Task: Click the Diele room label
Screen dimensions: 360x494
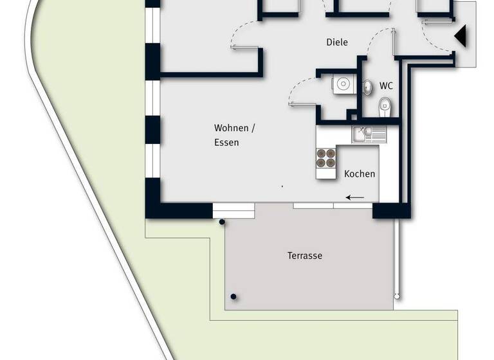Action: tap(337, 42)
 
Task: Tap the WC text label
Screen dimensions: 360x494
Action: tap(386, 85)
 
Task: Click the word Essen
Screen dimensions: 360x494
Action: tap(226, 143)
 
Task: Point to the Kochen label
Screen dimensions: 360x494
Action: tap(360, 174)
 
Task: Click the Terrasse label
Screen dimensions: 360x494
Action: tap(304, 256)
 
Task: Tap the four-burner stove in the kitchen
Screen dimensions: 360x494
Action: tap(326, 158)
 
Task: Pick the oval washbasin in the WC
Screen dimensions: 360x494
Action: tap(367, 87)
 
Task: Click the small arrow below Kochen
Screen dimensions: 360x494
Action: tap(354, 197)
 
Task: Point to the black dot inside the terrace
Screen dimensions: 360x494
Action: tap(233, 297)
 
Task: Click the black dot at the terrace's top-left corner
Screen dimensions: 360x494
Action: tap(222, 222)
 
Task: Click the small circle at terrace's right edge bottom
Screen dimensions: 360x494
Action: tap(398, 296)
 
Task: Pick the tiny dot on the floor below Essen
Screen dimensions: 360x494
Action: tap(282, 186)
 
